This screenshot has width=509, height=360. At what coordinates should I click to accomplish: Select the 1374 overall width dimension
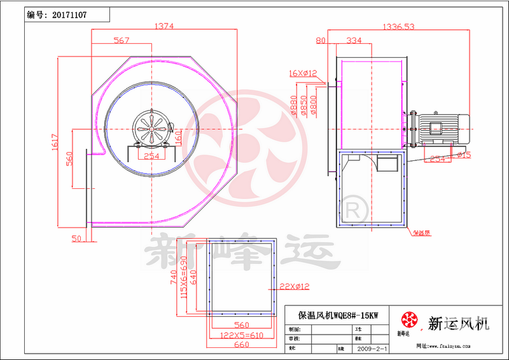coord(164,26)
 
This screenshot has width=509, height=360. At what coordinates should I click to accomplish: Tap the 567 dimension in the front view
coord(121,40)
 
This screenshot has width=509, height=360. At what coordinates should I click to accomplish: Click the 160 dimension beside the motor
coord(179,137)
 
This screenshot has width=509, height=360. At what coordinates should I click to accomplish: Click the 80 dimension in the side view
coord(320,40)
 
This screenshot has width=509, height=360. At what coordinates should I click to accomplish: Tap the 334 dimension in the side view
coord(353,40)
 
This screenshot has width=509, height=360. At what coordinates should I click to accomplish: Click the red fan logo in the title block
coord(407,320)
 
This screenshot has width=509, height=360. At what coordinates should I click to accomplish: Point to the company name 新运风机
coord(459,323)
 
